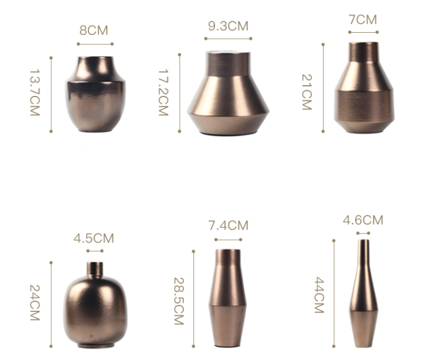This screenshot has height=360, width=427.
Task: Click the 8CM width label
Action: (94, 30)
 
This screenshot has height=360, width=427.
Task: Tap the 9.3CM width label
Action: (228, 26)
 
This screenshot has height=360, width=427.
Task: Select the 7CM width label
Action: (363, 20)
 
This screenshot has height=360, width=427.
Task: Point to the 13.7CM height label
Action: (35, 93)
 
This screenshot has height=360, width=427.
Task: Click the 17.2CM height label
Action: (164, 93)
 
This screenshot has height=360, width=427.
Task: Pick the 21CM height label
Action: (307, 92)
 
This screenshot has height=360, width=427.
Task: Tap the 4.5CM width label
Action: (94, 238)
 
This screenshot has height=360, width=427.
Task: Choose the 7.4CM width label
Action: (228, 226)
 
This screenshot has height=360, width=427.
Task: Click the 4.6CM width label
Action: (363, 220)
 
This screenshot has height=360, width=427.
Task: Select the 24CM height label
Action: (35, 303)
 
